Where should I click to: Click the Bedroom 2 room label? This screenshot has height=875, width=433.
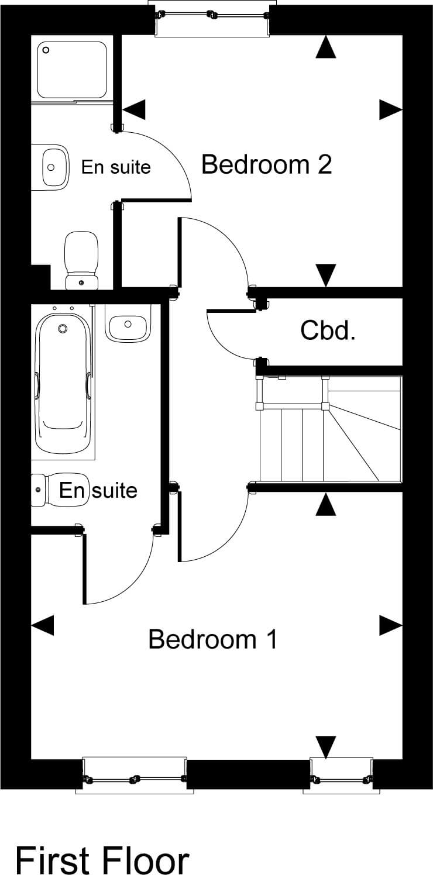(x=266, y=165)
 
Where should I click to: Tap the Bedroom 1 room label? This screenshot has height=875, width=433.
(x=212, y=639)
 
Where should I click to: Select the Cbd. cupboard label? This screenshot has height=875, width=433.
(x=328, y=331)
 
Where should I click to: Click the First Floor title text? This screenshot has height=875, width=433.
(x=102, y=860)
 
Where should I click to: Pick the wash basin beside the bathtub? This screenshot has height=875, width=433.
(x=128, y=323)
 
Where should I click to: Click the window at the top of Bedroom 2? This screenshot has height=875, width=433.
(x=212, y=17)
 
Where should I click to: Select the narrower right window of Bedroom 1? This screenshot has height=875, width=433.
(x=341, y=776)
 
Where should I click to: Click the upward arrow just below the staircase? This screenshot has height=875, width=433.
(x=326, y=504)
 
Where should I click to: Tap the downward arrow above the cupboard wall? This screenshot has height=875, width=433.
(x=326, y=274)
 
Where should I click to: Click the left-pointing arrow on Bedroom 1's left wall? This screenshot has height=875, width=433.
(x=42, y=625)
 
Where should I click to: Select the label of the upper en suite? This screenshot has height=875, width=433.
(x=116, y=167)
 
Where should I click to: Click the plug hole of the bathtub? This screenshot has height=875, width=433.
(x=63, y=329)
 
